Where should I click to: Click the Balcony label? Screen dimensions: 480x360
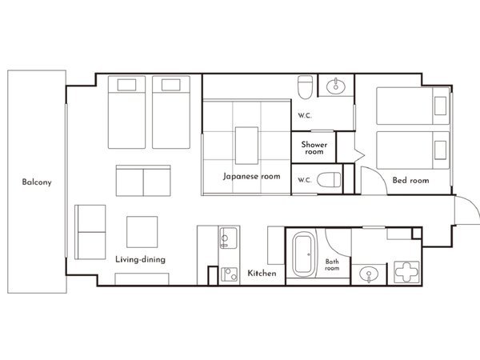37,182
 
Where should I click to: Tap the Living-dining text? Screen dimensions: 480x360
141,259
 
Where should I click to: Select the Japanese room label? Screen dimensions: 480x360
251,176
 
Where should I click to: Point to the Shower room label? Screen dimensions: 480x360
314,148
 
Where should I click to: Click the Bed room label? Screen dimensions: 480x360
411,180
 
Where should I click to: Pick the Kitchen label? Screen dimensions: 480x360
262,273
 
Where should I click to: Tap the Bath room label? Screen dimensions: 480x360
332,265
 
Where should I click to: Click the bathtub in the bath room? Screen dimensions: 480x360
303,254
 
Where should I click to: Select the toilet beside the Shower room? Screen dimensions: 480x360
329,180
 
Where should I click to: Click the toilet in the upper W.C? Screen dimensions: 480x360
306,87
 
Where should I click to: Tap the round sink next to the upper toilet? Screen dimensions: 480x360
336,86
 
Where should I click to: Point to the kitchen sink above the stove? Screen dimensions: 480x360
228,238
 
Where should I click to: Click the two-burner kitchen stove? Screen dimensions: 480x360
229,274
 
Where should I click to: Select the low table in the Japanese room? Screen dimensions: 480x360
246,146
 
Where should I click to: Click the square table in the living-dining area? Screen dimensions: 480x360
142,232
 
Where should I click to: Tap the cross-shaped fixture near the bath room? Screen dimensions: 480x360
406,271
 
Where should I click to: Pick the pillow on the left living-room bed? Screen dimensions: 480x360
126,85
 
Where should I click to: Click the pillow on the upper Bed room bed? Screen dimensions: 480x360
440,106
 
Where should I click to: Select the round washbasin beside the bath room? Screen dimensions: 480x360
369,274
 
